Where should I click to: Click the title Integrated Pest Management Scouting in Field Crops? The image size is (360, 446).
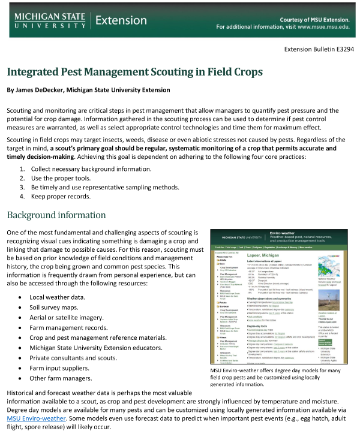tap(134, 72)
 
